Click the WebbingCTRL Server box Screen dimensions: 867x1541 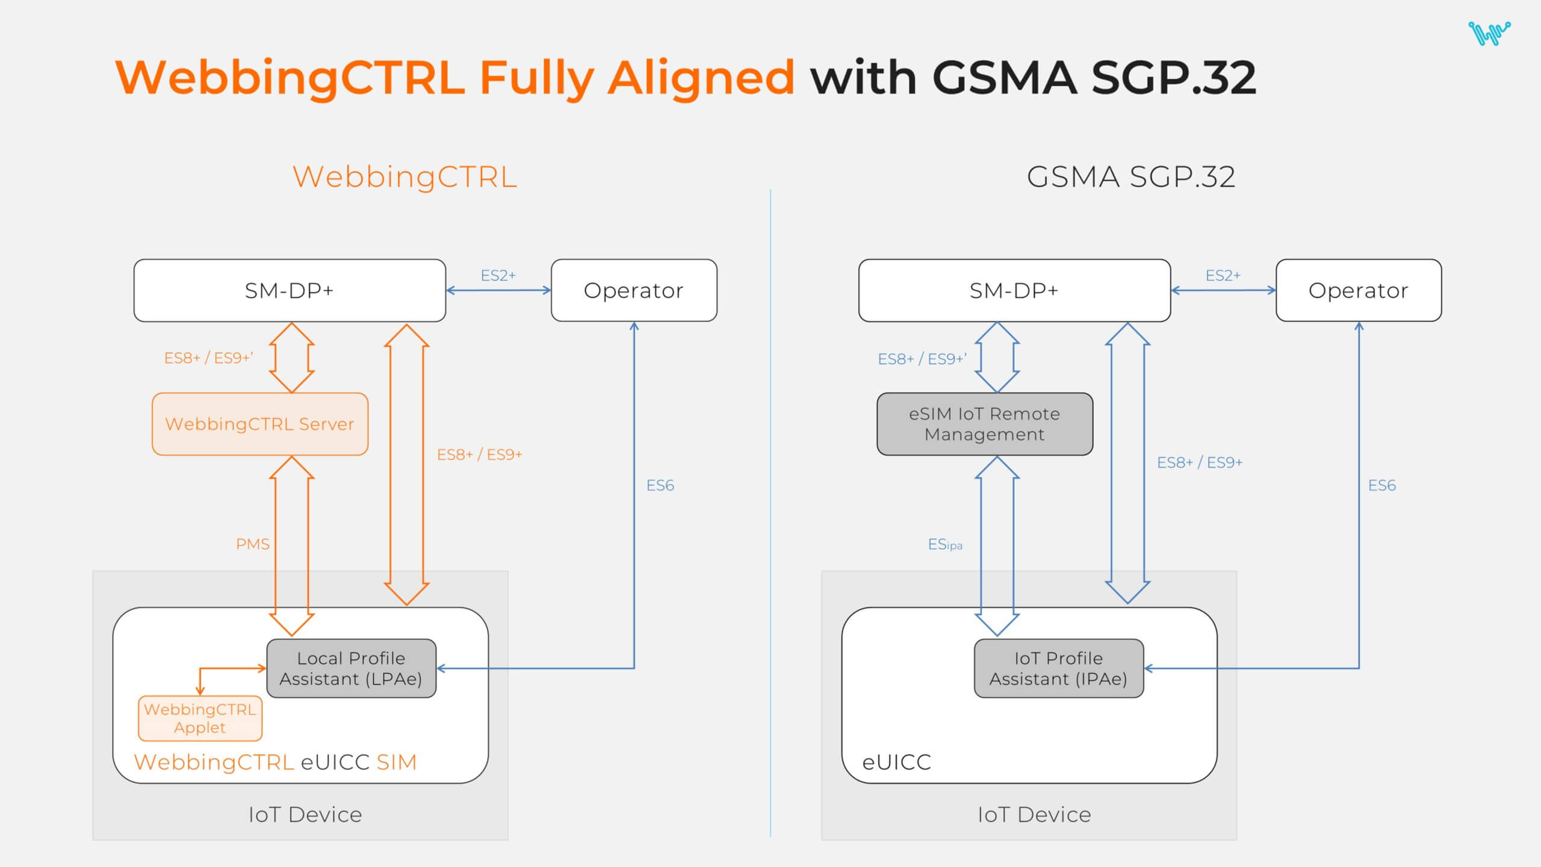click(259, 424)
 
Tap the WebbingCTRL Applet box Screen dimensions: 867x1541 click(200, 718)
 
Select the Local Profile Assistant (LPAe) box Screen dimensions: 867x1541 click(351, 668)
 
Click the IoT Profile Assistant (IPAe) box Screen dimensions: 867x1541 click(1058, 668)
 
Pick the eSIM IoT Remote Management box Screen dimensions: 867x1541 click(984, 424)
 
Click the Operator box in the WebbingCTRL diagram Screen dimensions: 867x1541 click(633, 290)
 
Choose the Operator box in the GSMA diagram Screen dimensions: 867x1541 click(1358, 290)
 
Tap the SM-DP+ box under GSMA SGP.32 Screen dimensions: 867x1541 click(1014, 290)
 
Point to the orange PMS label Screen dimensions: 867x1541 click(253, 544)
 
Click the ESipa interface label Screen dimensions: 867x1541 click(944, 545)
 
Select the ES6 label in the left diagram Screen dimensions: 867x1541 click(660, 485)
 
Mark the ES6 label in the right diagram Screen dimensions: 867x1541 click(1381, 485)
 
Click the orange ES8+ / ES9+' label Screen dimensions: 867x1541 click(208, 358)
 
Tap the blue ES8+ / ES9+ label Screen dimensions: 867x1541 click(1199, 462)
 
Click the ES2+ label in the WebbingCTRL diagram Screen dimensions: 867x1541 click(498, 275)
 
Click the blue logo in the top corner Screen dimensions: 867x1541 click(1489, 33)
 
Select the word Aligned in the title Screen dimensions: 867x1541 click(701, 78)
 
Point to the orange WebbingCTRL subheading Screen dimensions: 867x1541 click(405, 177)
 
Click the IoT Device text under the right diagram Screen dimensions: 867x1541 click(1034, 815)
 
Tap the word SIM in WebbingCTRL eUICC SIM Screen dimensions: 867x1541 click(396, 762)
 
